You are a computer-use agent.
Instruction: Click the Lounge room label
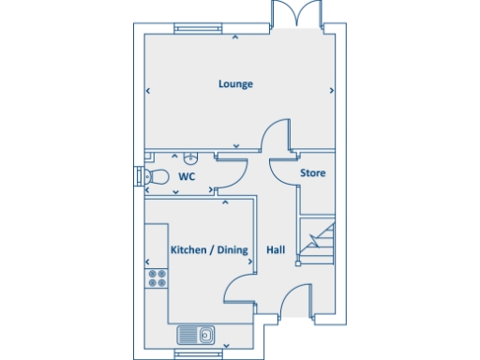point(236,84)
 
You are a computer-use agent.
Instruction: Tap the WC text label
point(187,175)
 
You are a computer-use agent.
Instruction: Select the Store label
point(312,173)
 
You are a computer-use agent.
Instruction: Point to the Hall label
point(276,250)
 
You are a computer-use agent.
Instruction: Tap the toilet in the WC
point(156,175)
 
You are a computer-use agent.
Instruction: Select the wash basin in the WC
point(190,157)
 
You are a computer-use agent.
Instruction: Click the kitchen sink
point(196,335)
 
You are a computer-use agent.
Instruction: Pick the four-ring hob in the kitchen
point(157,277)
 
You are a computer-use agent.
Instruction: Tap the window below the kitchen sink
point(198,353)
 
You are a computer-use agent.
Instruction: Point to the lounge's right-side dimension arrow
point(332,91)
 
